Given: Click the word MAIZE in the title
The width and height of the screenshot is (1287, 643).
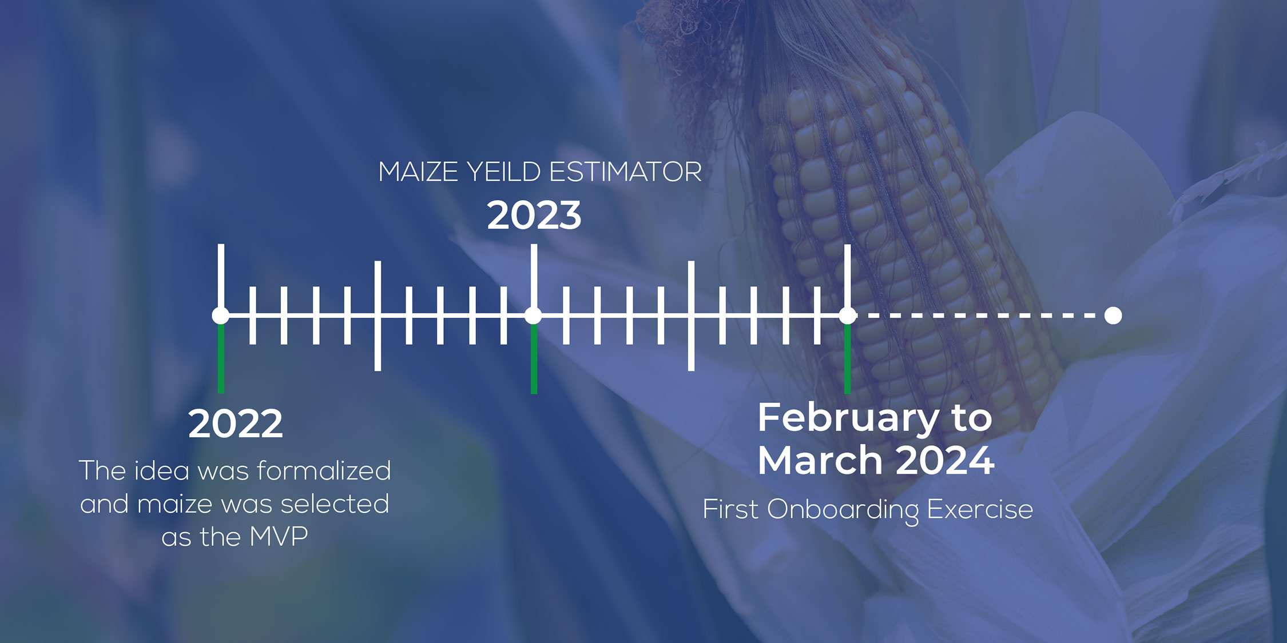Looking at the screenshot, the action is click(x=418, y=172).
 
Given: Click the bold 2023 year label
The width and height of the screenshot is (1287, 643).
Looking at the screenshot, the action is click(x=534, y=215).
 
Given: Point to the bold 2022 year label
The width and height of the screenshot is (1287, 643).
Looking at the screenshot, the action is click(x=235, y=424).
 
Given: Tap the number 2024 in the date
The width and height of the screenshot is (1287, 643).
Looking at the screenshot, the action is click(x=945, y=460).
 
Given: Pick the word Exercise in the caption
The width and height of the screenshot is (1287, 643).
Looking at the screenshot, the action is click(x=980, y=509).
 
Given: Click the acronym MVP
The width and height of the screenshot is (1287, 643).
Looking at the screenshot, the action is click(x=279, y=537).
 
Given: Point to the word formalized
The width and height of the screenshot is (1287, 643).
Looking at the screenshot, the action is click(x=324, y=470).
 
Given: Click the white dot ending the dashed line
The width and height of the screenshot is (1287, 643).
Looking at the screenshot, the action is click(x=1113, y=315).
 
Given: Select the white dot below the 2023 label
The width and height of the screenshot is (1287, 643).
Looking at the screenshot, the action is click(x=534, y=315).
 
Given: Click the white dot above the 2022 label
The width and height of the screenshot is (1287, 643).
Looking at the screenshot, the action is click(x=221, y=315).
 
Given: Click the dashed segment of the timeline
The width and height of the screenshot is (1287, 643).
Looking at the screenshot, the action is click(x=980, y=315).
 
